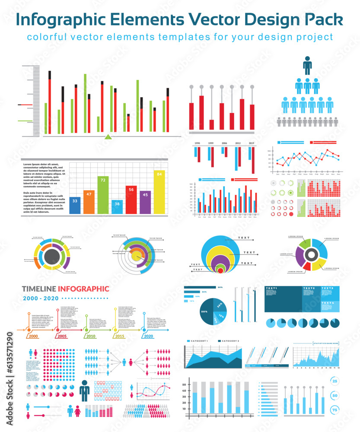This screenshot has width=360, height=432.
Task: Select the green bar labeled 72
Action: coord(103,195)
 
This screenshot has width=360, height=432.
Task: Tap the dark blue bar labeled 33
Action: coord(75,205)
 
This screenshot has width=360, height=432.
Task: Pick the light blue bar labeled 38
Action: coord(117,206)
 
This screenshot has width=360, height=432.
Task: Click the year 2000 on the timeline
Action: coord(33,336)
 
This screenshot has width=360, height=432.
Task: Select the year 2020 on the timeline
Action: coord(148,336)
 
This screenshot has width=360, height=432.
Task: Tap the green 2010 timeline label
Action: coord(91,336)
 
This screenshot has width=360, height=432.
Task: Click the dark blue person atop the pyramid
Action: coord(307,65)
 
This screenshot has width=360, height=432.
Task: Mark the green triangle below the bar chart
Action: coord(108,137)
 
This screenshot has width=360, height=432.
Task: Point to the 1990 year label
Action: coord(197,143)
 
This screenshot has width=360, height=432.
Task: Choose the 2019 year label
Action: coord(252,143)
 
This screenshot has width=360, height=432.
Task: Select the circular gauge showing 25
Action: coord(334,381)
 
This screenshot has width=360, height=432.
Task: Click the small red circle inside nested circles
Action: coord(220,270)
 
